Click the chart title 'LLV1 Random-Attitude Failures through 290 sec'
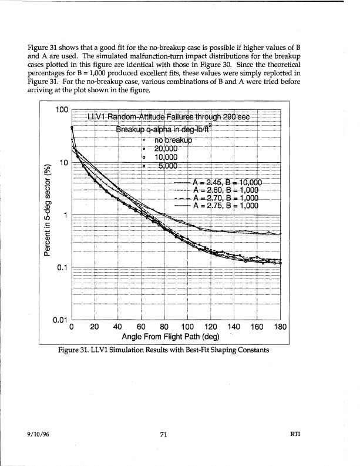169,116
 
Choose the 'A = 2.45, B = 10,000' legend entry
218,183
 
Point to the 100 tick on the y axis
62,110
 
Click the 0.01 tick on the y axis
60,320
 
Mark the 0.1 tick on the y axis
62,267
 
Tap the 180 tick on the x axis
280,327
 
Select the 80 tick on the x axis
164,327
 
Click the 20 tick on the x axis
95,327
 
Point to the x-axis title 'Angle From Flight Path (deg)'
171,337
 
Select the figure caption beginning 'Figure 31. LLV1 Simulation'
164,350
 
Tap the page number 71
164,434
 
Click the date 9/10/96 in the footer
38,434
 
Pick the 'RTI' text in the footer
295,434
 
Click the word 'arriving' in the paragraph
39,90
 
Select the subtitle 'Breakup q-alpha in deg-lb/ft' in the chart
163,129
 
